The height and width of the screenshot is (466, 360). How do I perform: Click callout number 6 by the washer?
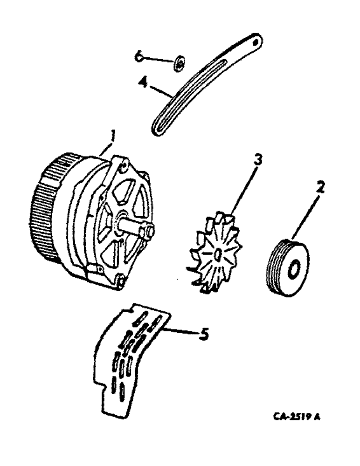(138, 56)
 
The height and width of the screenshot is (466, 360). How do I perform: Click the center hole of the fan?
(218, 254)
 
